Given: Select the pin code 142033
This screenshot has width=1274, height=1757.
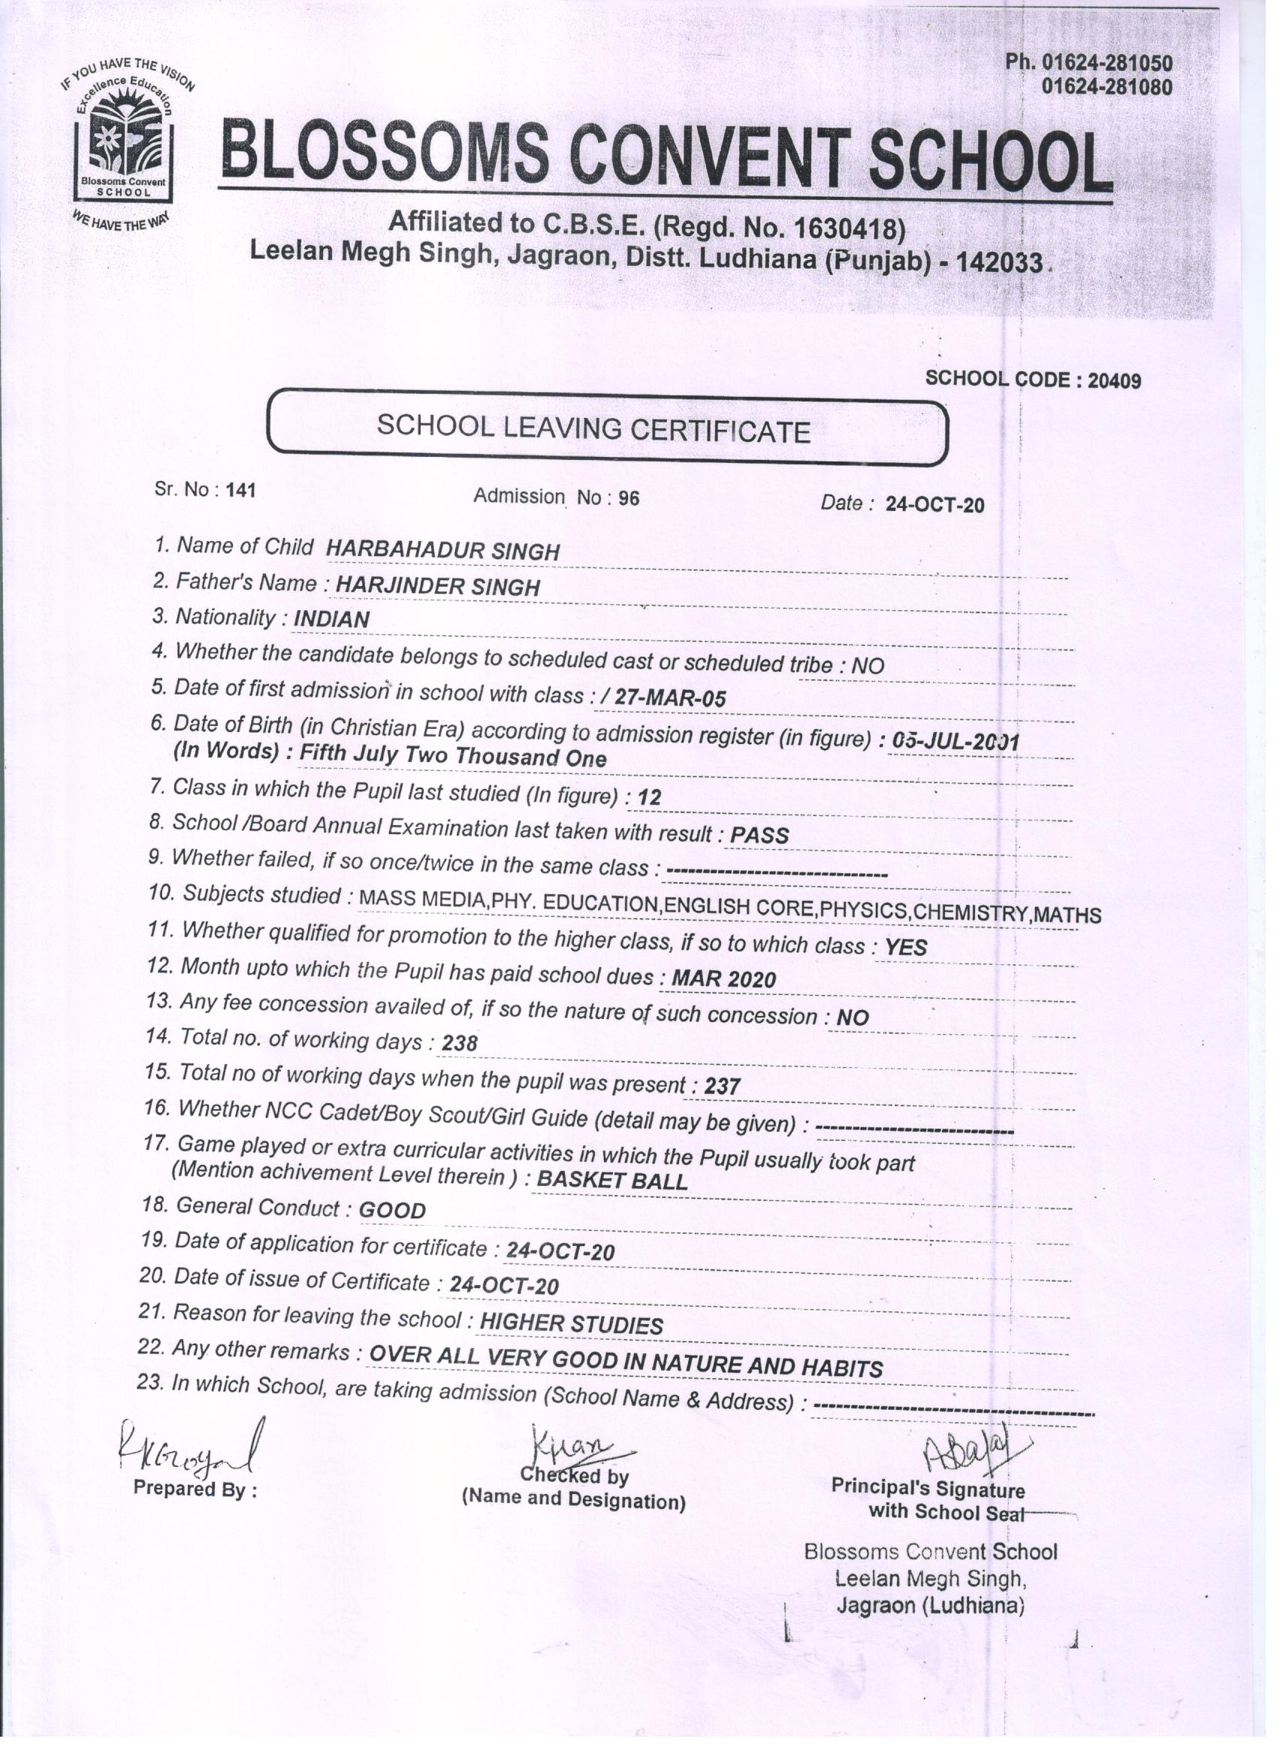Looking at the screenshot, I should [x=1000, y=262].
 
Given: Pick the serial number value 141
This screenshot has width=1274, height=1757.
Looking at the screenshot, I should [x=240, y=491].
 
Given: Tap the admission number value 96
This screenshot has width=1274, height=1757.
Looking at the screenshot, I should [x=629, y=499].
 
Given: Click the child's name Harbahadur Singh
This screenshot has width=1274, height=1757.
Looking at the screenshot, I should [x=442, y=551].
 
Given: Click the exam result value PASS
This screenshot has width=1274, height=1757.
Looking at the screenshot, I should [x=759, y=835].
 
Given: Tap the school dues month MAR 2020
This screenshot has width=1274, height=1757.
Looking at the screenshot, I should [x=723, y=979].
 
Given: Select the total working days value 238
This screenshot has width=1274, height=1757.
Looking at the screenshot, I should [x=459, y=1044].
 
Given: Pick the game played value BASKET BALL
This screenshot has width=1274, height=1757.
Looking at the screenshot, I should [x=611, y=1181].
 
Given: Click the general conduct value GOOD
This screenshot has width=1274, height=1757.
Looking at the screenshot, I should [x=392, y=1210].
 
